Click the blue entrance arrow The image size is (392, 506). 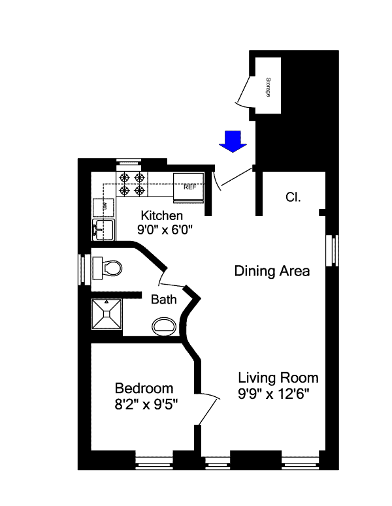pos(233,141)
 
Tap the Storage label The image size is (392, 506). pos(268,87)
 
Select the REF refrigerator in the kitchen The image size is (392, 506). pos(189,188)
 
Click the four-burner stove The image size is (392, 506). pos(132,184)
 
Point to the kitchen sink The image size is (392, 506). pos(103,229)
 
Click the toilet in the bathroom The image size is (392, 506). pos(108,268)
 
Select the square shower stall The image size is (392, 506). pos(106,314)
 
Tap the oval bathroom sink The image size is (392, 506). pos(164,326)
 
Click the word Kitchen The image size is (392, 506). pos(162,215)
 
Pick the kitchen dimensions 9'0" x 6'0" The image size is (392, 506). pos(165,230)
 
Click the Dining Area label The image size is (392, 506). pos(272,271)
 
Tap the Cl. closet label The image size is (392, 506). pos(293,197)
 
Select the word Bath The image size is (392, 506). pos(164,300)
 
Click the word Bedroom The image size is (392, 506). pos(144,388)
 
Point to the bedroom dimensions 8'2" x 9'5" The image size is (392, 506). pos(146,404)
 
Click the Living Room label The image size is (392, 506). pos(278,378)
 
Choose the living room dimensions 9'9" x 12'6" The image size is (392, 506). pos(274,394)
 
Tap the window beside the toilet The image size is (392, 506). pos(82,270)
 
